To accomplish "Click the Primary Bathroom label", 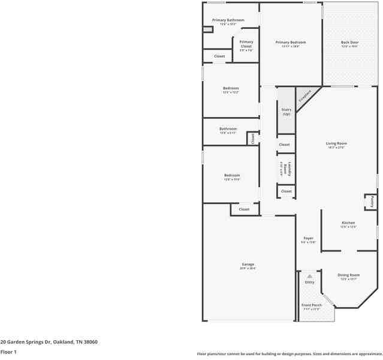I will pyautogui.click(x=228, y=20).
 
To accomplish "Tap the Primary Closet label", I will pyautogui.click(x=246, y=44).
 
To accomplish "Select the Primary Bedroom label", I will pyautogui.click(x=291, y=43).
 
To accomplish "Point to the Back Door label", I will pyautogui.click(x=349, y=43).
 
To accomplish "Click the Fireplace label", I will pyautogui.click(x=304, y=96).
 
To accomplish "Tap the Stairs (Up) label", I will pyautogui.click(x=286, y=112).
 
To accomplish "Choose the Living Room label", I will pyautogui.click(x=336, y=144).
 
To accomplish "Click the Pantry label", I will pyautogui.click(x=372, y=202).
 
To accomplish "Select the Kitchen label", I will pyautogui.click(x=348, y=223).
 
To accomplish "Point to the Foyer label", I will pyautogui.click(x=308, y=239).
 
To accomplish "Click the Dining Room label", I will pyautogui.click(x=349, y=275).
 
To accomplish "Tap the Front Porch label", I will pyautogui.click(x=311, y=306).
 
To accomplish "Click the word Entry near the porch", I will pyautogui.click(x=309, y=282).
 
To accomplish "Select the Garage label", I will pyautogui.click(x=248, y=265).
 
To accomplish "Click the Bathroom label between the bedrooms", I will pyautogui.click(x=228, y=129).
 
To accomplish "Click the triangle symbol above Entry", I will pyautogui.click(x=309, y=276).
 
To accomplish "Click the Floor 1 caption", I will pyautogui.click(x=8, y=353).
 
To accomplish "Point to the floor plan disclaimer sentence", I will pyautogui.click(x=289, y=353).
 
